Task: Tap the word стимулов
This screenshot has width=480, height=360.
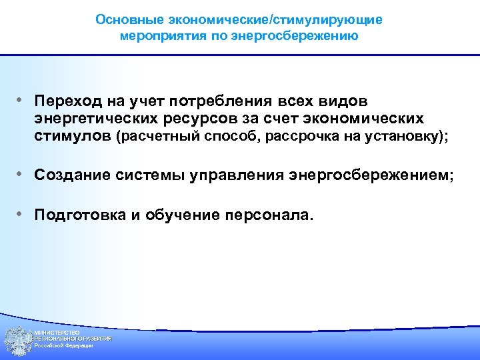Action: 74,137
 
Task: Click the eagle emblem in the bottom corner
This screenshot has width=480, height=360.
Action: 16,341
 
